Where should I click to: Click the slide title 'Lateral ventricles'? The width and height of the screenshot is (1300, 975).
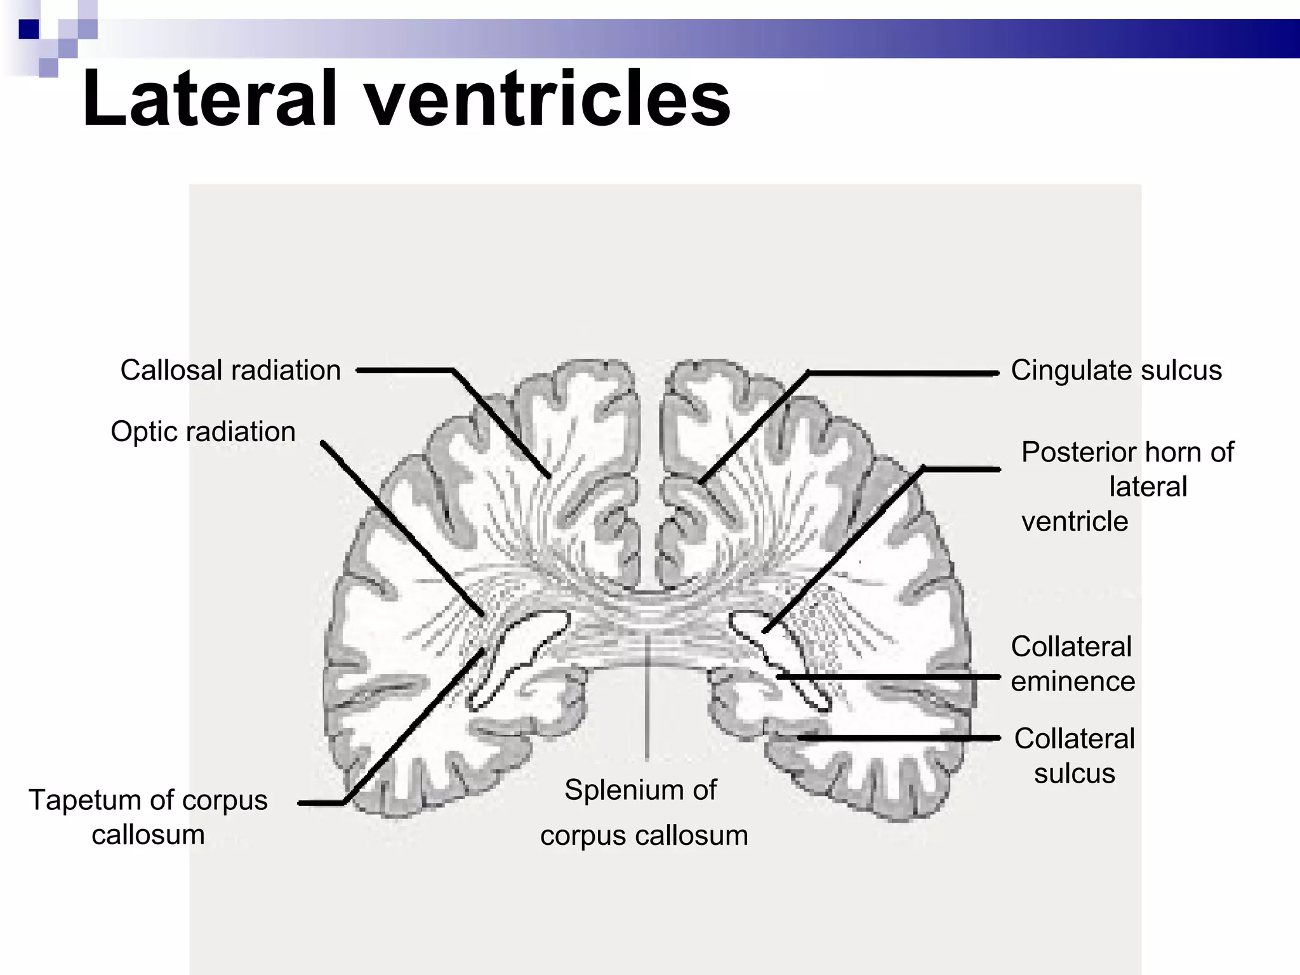406,100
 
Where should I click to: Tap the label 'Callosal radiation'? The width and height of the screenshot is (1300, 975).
230,370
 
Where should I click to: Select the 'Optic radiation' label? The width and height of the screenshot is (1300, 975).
203,432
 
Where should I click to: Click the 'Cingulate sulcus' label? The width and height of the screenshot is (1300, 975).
1116,370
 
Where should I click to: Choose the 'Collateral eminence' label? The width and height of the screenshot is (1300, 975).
1073,664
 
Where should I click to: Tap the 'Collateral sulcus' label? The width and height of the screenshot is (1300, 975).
1074,755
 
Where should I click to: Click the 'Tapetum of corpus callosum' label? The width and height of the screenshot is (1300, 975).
148,817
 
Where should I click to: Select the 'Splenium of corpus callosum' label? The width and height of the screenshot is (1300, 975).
642,812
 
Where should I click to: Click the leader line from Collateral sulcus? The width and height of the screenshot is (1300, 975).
901,738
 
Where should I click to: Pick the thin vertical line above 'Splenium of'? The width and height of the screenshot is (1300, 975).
647,698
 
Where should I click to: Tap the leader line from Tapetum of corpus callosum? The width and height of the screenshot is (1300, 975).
413,724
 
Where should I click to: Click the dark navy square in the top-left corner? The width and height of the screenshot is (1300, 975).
29,29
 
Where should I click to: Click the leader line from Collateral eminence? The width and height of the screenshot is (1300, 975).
889,677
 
